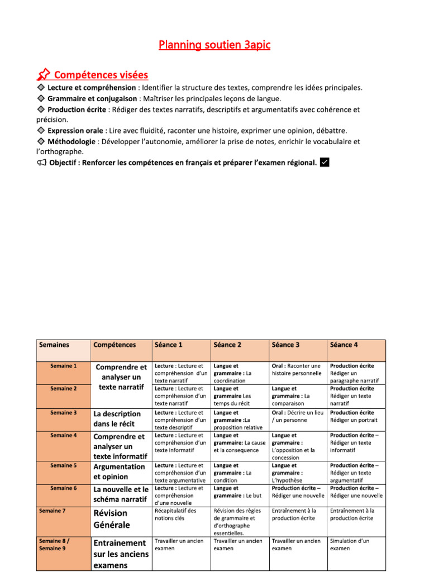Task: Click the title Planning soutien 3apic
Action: [214, 45]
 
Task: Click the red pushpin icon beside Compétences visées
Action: [43, 75]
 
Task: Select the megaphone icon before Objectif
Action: [41, 163]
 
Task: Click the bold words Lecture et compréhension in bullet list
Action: [92, 88]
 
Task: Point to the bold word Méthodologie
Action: [72, 141]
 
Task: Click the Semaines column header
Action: [54, 345]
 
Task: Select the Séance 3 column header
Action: [285, 345]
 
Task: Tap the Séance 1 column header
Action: [169, 345]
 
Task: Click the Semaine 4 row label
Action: [63, 435]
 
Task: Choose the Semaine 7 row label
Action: [52, 511]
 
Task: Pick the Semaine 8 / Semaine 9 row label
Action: [54, 545]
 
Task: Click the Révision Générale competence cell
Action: [112, 519]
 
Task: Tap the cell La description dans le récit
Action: [117, 419]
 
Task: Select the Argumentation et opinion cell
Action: [119, 471]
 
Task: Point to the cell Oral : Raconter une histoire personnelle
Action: [297, 369]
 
